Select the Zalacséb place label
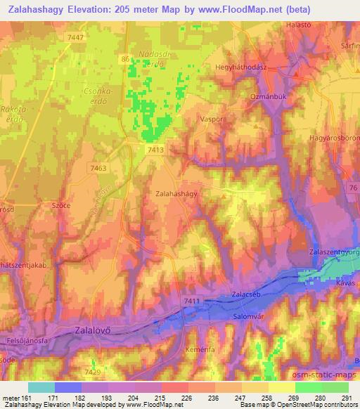point(246,295)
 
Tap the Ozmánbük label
point(266,95)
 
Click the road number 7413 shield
point(156,150)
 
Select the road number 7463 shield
point(99,168)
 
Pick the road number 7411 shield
point(191,301)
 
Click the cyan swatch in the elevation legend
point(42,387)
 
